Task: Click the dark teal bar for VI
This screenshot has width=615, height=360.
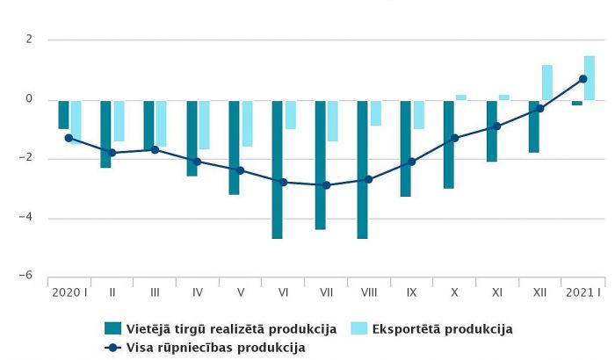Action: (x=277, y=169)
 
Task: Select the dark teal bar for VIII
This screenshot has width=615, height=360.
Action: (x=362, y=169)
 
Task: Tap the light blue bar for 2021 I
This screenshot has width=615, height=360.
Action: (x=590, y=78)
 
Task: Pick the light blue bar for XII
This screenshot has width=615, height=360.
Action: (x=547, y=83)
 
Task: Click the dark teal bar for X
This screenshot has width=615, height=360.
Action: (x=448, y=144)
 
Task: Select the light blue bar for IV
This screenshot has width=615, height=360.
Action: (x=204, y=125)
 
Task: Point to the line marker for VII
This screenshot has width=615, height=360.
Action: (x=327, y=185)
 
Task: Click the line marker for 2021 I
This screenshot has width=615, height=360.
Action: (x=583, y=79)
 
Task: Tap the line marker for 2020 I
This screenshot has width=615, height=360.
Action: (x=69, y=138)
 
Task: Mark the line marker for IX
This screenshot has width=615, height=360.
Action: (x=412, y=162)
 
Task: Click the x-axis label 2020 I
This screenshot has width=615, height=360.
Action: (x=69, y=292)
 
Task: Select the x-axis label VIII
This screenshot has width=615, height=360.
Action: (x=369, y=292)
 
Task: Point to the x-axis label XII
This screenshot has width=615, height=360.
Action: (x=540, y=292)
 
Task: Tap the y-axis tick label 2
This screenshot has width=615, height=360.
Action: (x=29, y=40)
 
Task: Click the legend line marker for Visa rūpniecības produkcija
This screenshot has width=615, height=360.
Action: (x=112, y=348)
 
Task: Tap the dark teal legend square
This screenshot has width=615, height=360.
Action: (x=112, y=329)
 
